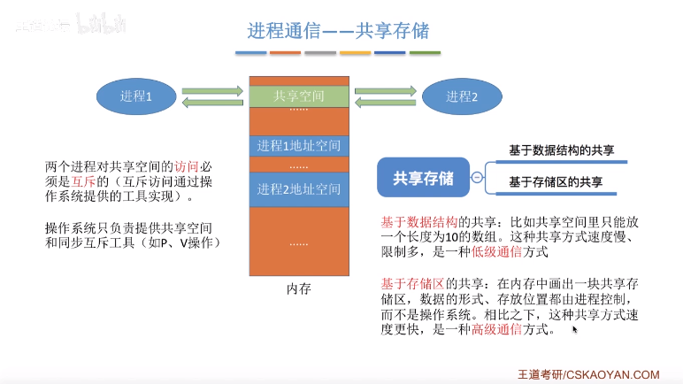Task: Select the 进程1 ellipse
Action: (137, 96)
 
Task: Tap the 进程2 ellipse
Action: (462, 96)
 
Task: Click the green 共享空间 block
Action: (299, 96)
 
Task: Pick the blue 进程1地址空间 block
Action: (299, 145)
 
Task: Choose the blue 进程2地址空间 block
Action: (299, 188)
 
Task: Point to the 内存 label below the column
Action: (299, 288)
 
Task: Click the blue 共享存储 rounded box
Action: (422, 177)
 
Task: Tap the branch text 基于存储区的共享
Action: (556, 182)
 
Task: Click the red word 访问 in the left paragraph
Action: (187, 166)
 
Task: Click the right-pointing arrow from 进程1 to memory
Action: (212, 89)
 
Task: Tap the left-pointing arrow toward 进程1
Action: (212, 104)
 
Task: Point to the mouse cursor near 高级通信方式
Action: (575, 329)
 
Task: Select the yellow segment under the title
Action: (355, 53)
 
